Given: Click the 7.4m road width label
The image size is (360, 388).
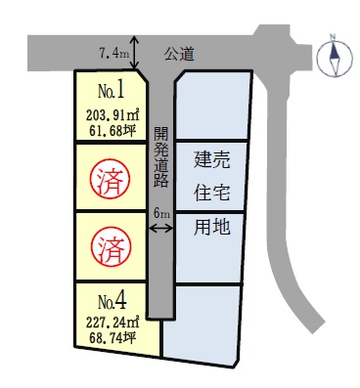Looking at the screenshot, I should coord(114,51).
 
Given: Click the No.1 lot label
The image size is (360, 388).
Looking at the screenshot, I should coord(111,93).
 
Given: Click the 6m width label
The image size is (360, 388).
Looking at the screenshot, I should coord(161,212).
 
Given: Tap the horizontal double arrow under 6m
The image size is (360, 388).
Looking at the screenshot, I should coord(161,228).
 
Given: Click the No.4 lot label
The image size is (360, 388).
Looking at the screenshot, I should coord(110,297).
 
